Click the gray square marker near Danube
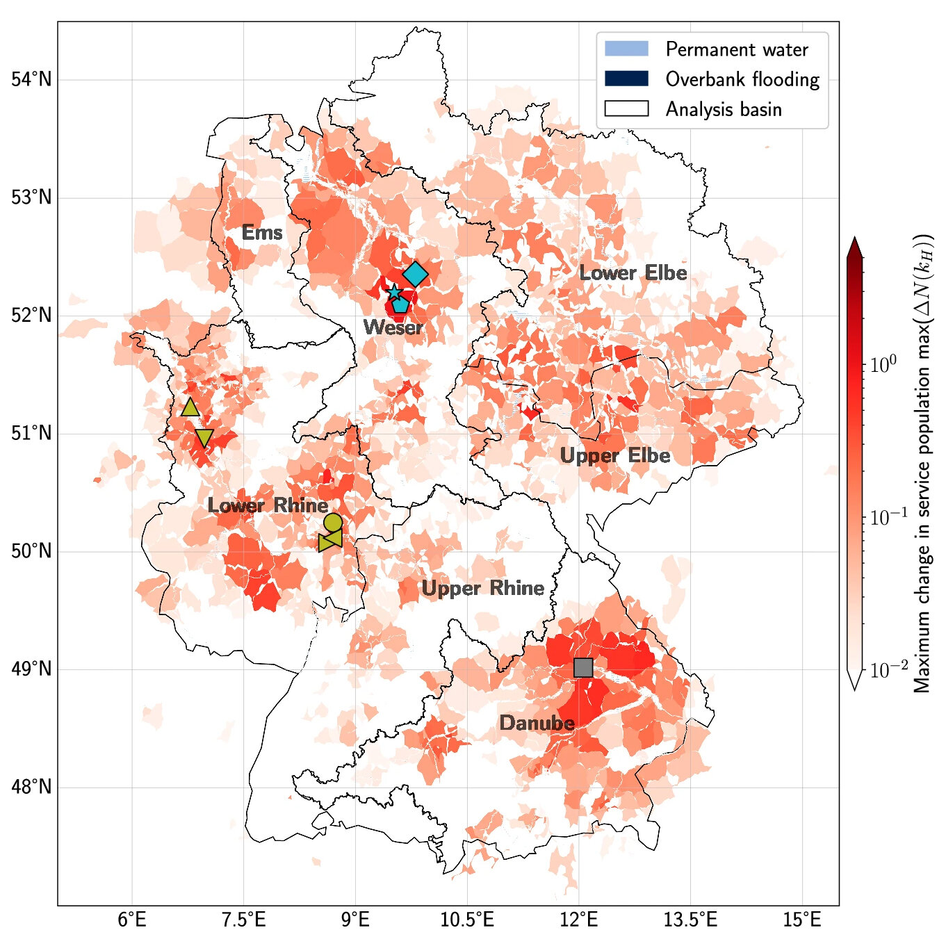583,667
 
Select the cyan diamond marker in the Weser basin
415,275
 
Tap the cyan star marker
394,292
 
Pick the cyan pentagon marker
400,304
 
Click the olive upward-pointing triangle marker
190,407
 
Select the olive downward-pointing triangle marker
204,438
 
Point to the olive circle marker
333,522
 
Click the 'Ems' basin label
262,233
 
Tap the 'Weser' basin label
393,327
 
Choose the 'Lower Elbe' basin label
633,273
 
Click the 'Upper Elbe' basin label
615,456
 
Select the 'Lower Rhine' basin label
268,505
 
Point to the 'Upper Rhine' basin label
483,589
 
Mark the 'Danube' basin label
537,724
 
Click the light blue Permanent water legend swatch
626,49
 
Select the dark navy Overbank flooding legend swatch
626,79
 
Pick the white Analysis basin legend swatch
626,108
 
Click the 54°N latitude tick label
32,79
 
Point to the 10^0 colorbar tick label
883,364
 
